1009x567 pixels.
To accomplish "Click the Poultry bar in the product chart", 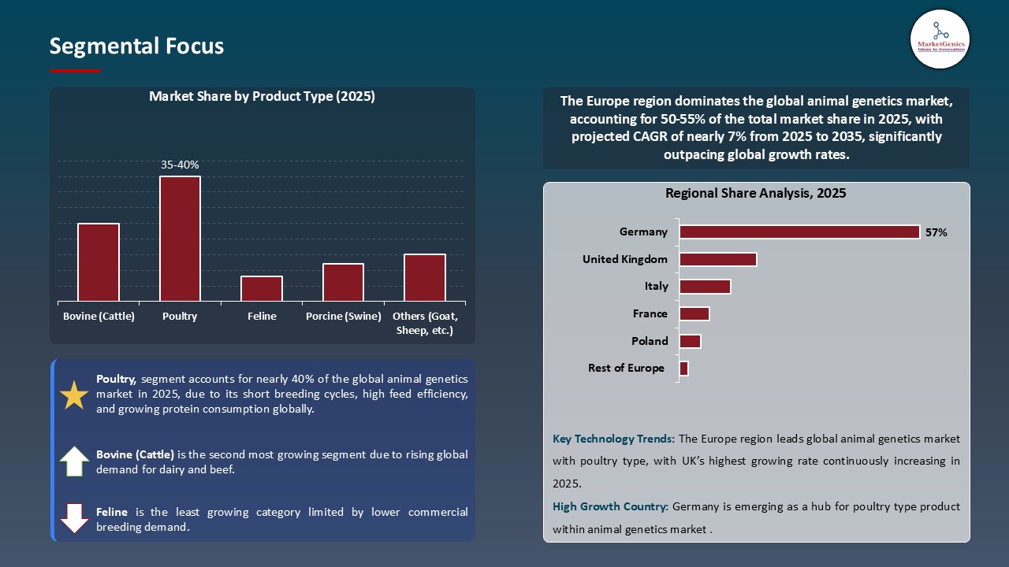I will point(180,239).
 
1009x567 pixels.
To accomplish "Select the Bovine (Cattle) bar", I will point(99,262).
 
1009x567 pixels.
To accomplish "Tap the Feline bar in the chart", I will point(262,288).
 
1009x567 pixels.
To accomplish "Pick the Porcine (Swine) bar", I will point(343,282).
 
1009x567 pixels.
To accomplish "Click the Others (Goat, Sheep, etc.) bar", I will point(425,277).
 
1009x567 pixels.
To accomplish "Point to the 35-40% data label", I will point(180,165).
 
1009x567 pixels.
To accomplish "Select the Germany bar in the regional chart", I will point(799,232).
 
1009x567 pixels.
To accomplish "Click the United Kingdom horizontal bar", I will point(717,259).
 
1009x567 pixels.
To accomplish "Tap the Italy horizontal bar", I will point(705,287).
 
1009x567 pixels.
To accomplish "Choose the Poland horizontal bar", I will point(690,341).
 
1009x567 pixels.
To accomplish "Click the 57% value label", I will point(936,232).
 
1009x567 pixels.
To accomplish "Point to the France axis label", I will point(650,313).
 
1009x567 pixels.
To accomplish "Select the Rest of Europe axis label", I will point(626,368).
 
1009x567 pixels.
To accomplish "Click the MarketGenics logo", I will point(940,39).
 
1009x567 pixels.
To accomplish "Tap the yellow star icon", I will point(74,395).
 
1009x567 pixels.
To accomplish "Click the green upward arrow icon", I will point(74,461).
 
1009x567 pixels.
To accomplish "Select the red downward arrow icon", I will point(74,518).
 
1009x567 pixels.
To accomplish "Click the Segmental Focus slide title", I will point(136,46).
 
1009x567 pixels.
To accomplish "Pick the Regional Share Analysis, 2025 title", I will point(755,193).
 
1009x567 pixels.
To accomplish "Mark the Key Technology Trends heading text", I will point(613,439).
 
